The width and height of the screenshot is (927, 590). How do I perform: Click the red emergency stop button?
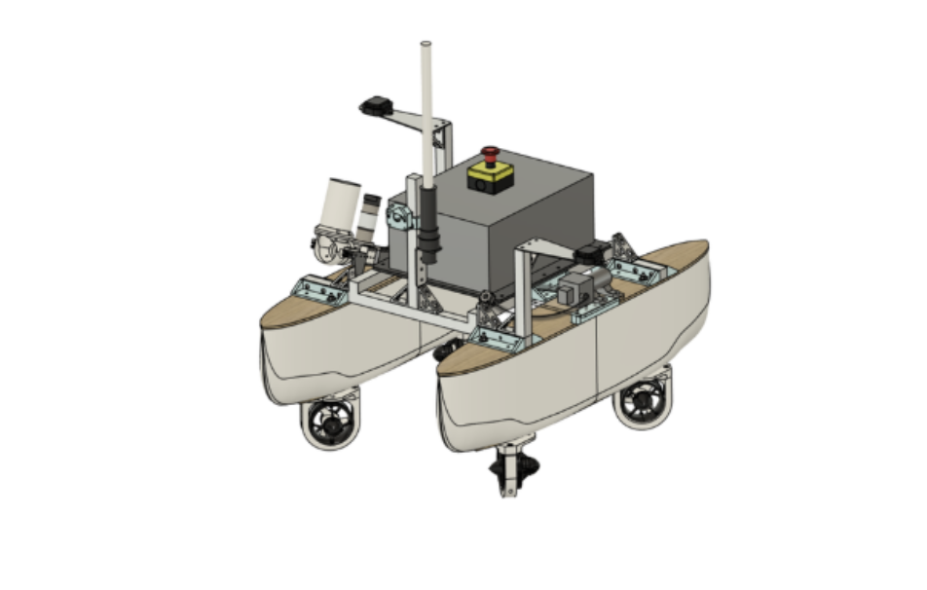(x=490, y=153)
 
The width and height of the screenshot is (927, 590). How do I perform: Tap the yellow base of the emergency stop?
(x=490, y=177)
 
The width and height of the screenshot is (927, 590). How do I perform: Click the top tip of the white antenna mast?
(x=425, y=45)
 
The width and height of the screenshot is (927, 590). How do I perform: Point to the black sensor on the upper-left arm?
(x=376, y=104)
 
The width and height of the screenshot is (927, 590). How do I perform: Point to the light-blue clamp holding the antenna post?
(x=399, y=211)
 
